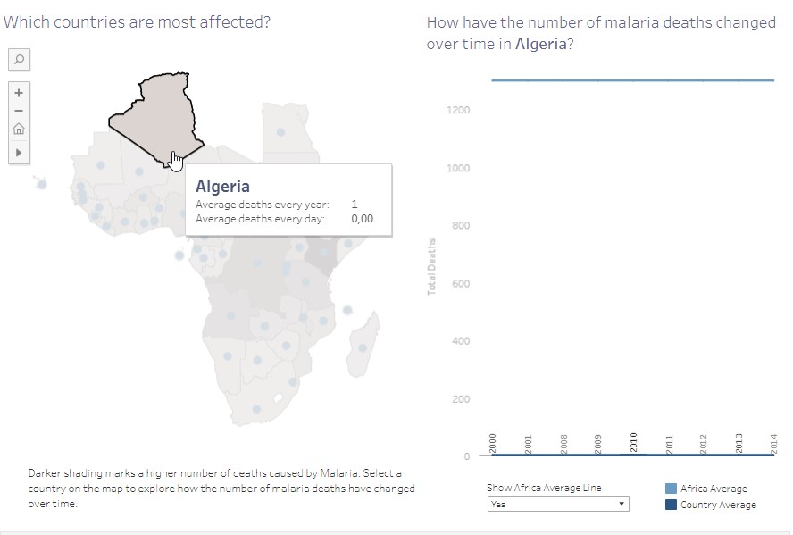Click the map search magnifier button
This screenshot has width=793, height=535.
tap(18, 59)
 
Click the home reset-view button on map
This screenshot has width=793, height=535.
tap(18, 129)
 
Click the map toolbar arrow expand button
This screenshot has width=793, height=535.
tap(18, 153)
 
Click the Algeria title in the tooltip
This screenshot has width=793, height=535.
tap(222, 187)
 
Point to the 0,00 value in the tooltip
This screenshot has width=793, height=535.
tap(362, 218)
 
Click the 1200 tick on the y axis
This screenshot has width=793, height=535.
tap(458, 110)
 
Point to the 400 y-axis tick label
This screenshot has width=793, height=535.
tap(460, 341)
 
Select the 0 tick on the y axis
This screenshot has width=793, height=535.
tap(466, 456)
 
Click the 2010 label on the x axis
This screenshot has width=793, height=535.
tap(634, 442)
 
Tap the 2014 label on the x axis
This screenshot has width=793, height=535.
tap(774, 443)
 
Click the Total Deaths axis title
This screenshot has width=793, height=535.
tap(431, 267)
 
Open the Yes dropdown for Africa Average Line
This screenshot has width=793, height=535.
tap(558, 504)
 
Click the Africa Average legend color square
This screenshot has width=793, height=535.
tap(671, 489)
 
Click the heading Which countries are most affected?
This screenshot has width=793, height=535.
tap(137, 22)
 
